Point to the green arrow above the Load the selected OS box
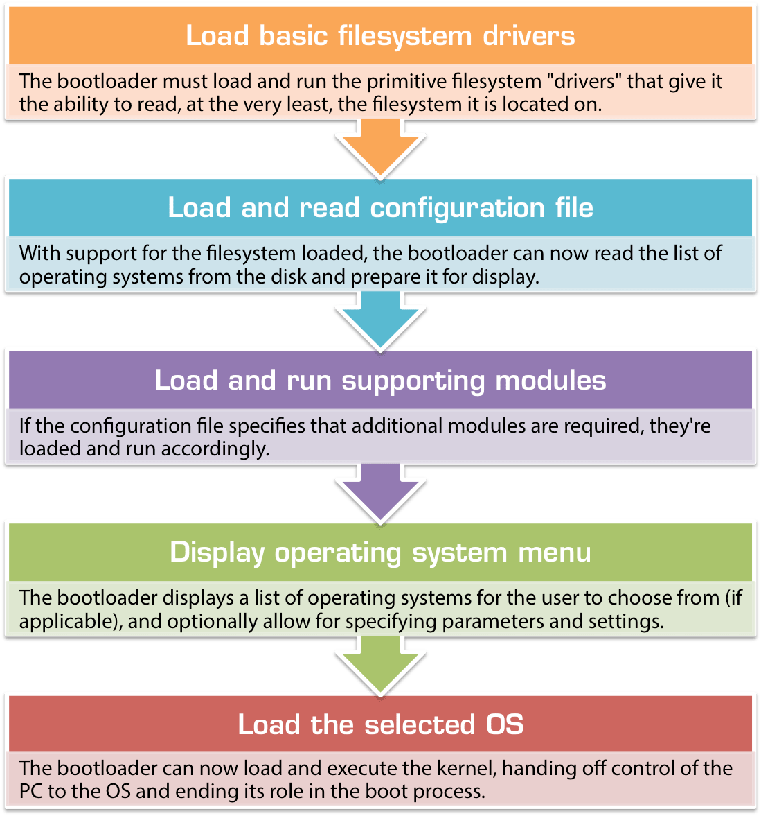[x=380, y=664]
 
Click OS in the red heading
[x=504, y=724]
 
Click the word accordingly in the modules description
[x=215, y=449]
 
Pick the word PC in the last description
[x=31, y=791]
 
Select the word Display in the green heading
[x=217, y=553]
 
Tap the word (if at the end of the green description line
[x=733, y=598]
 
